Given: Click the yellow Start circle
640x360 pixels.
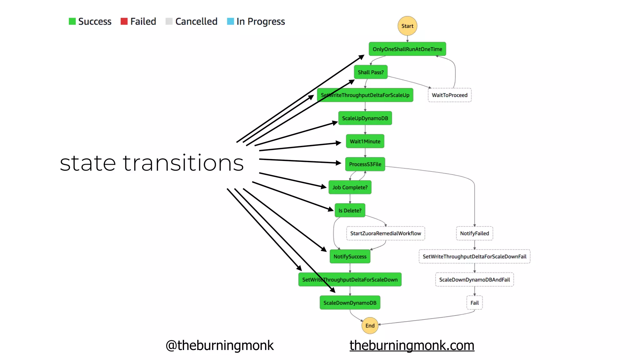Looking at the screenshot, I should pos(407,26).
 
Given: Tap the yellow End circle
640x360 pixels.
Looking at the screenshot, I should pos(370,326).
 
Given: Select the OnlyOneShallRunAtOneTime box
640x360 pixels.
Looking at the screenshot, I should pos(407,49).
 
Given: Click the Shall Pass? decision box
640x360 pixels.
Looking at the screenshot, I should pos(371,72).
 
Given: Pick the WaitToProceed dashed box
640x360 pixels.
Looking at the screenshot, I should pos(449,95).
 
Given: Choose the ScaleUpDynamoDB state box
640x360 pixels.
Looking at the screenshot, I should pos(365,118).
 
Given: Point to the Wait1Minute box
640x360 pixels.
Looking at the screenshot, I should pos(365,141).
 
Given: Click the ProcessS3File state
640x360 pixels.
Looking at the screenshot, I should pos(365,164).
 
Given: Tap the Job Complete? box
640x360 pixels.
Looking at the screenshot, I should pos(350,187).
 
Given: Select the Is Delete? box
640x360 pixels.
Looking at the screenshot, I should pos(350,210).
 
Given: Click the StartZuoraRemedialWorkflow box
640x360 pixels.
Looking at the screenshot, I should pos(385,233).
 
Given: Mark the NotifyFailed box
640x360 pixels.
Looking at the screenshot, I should pos(474,233).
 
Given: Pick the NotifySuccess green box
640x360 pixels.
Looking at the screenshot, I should pos(350,257).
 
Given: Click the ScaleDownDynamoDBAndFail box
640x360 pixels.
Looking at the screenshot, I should pos(474,280).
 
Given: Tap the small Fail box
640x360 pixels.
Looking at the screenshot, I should pos(474,303).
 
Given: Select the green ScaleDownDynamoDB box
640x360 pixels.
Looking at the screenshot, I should pos(350,303).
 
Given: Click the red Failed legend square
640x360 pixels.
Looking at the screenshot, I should pos(124,21).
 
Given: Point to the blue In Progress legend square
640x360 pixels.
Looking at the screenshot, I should pos(230,21).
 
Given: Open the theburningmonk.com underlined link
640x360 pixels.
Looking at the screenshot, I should pos(412,345).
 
